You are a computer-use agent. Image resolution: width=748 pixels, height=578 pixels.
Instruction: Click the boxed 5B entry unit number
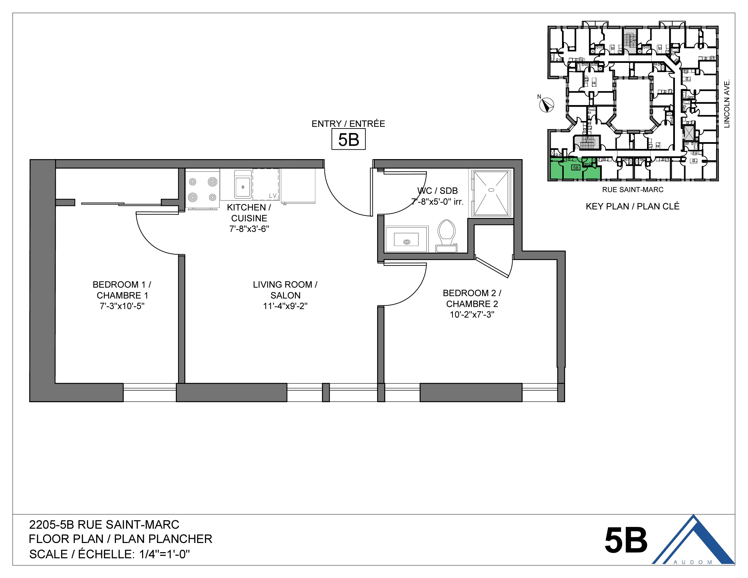pyautogui.click(x=348, y=139)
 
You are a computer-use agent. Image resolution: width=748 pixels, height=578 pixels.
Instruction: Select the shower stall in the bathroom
pyautogui.click(x=491, y=193)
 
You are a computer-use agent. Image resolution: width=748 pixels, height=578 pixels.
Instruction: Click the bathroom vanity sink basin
pyautogui.click(x=406, y=240)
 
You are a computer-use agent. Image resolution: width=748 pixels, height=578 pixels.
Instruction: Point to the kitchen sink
pyautogui.click(x=242, y=186)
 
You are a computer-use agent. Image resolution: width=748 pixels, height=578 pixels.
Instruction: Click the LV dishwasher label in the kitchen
pyautogui.click(x=273, y=196)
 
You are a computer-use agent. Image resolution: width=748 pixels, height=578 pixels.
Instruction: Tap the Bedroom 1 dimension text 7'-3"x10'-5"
pyautogui.click(x=122, y=306)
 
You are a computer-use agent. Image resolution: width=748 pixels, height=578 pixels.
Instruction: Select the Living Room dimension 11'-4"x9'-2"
pyautogui.click(x=285, y=306)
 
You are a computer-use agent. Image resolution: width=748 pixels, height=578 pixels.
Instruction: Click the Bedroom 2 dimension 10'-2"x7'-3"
pyautogui.click(x=472, y=314)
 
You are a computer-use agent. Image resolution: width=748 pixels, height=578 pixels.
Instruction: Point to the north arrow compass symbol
pyautogui.click(x=546, y=105)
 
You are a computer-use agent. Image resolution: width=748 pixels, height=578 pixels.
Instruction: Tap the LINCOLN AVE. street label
pyautogui.click(x=727, y=104)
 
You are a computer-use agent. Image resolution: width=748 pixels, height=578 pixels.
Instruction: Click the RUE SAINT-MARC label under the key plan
pyautogui.click(x=633, y=190)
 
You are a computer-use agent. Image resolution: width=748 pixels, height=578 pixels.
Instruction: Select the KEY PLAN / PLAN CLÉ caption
pyautogui.click(x=632, y=206)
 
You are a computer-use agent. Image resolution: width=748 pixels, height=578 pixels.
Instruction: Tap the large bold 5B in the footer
pyautogui.click(x=625, y=540)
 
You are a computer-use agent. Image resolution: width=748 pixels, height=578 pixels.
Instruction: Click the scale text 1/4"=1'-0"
pyautogui.click(x=165, y=554)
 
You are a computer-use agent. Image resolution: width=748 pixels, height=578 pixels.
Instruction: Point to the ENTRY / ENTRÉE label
pyautogui.click(x=348, y=124)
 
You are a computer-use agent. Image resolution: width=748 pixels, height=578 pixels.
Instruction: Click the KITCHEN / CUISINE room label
pyautogui.click(x=249, y=213)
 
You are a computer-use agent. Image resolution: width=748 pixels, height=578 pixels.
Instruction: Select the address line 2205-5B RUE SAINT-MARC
pyautogui.click(x=104, y=525)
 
